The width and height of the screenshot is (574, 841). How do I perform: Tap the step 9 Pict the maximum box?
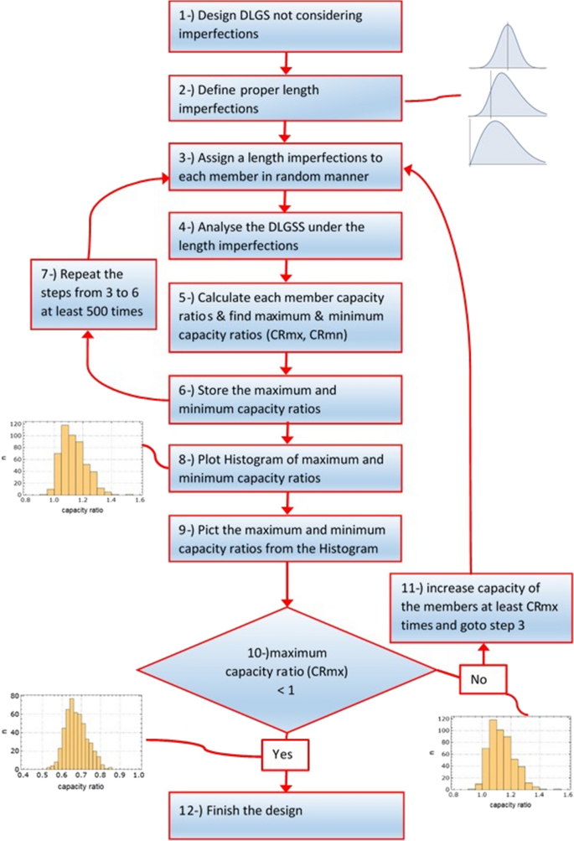(x=287, y=537)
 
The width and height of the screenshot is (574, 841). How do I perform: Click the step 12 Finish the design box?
(x=287, y=809)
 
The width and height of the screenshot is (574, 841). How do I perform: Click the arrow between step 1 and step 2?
(x=287, y=62)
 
